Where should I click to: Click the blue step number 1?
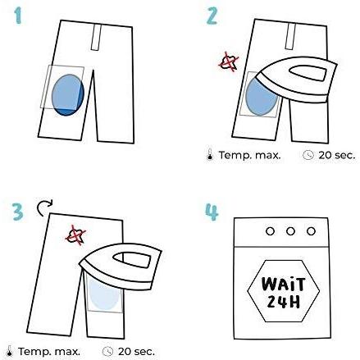coord(18,16)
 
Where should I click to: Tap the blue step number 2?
coord(212,16)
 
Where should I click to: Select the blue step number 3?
coord(18,212)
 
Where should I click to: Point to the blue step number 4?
coord(212,212)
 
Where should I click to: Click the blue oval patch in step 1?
coord(68,94)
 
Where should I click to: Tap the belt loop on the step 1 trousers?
coord(96,37)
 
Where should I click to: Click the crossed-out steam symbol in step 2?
coord(229,62)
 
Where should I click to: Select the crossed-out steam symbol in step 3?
coord(76,235)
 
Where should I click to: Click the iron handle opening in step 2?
coord(308,73)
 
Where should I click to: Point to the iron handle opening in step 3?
coord(132,260)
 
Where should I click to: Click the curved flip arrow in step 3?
coord(43,207)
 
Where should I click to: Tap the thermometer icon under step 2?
coord(210,154)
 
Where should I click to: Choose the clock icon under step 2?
coord(308,155)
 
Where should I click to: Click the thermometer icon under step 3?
coord(9,351)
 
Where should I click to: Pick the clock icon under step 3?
coord(107,351)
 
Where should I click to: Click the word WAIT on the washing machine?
coord(283,285)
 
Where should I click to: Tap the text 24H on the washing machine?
coord(283,302)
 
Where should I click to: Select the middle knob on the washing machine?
coord(290,231)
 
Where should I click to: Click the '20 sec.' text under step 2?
coord(336,155)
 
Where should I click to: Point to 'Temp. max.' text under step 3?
coord(49,352)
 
